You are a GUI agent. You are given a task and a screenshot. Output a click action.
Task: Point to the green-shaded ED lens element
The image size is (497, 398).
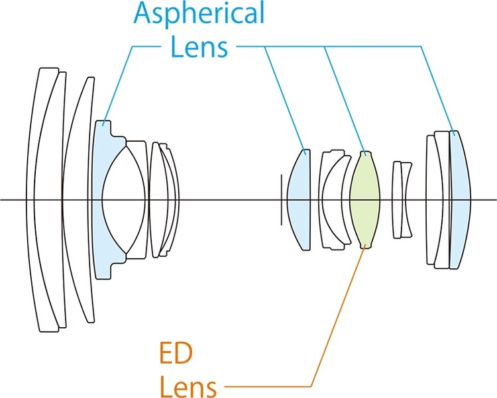(365, 199)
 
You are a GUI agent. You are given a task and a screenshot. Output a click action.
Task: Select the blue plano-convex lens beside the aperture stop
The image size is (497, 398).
(300, 199)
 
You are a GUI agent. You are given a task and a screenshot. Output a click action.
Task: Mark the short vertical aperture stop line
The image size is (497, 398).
(281, 199)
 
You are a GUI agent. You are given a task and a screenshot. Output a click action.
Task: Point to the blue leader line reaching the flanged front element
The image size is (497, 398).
(119, 79)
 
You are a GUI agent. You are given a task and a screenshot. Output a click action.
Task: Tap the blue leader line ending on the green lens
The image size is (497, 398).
(345, 99)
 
